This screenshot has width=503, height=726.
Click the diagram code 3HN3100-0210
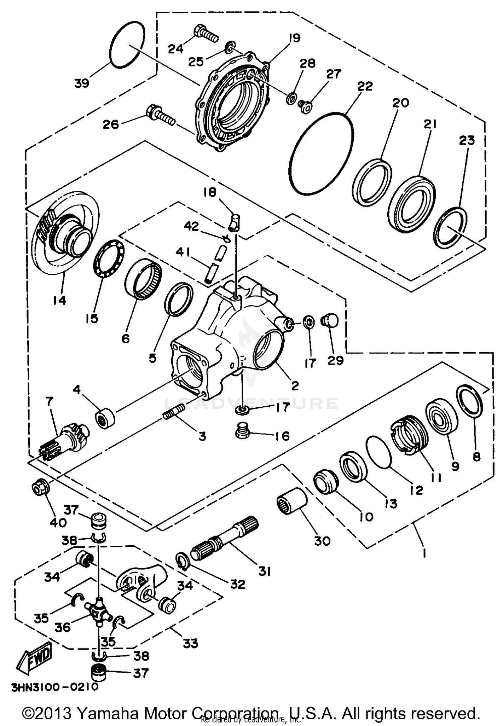pos(55,687)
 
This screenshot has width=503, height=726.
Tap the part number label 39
pos(81,83)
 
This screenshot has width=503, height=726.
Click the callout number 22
pos(365,86)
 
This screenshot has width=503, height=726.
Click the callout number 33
pos(190,643)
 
